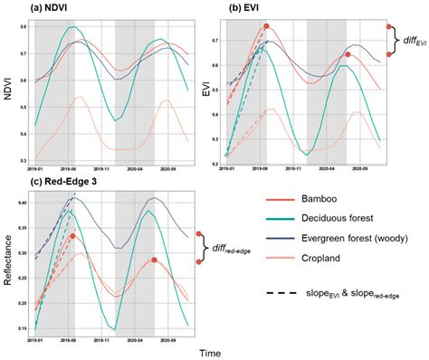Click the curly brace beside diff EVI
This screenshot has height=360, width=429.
(396, 41)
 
